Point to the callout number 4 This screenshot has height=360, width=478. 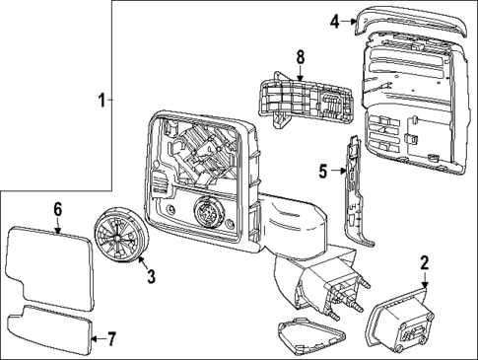[335, 21]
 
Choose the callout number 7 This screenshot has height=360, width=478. [110, 340]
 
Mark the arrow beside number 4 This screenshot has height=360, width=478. [349, 21]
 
